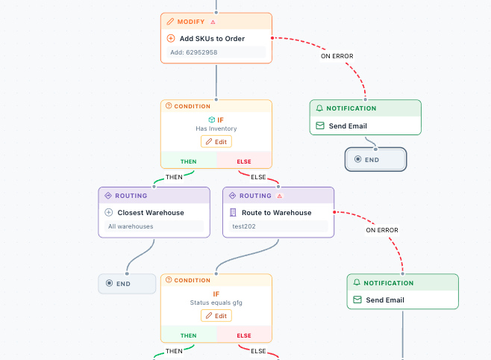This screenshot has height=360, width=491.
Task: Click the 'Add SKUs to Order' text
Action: click(x=212, y=38)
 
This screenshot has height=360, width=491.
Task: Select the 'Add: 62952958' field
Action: click(x=216, y=52)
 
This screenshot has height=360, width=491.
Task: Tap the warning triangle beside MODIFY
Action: click(x=213, y=22)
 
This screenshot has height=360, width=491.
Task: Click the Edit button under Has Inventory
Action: click(x=216, y=142)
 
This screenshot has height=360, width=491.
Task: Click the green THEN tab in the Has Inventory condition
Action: click(x=189, y=161)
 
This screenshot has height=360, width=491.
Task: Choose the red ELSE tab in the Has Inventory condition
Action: click(x=244, y=161)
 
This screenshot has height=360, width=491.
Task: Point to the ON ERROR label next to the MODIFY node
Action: click(x=337, y=56)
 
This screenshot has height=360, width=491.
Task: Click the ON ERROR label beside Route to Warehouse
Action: click(x=381, y=230)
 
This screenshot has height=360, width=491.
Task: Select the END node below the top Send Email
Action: click(x=375, y=159)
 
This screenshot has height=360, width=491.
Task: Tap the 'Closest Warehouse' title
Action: click(x=151, y=212)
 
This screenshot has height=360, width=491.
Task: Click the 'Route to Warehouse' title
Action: click(x=271, y=212)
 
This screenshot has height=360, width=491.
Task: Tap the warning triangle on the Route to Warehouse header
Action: click(x=280, y=196)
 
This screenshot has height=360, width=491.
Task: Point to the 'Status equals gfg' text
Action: click(x=216, y=302)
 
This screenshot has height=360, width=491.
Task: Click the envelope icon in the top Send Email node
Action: click(x=320, y=126)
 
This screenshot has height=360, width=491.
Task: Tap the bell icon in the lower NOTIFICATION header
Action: click(x=357, y=283)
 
